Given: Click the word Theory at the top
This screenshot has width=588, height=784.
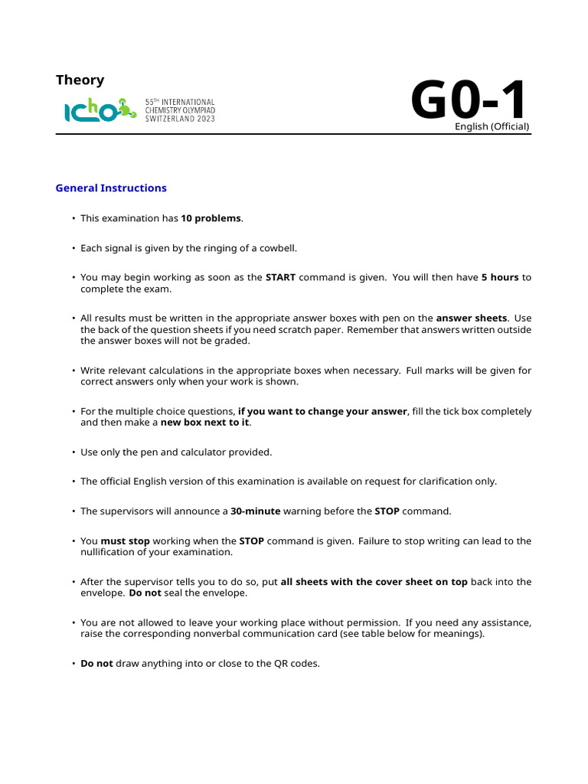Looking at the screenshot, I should point(80,80).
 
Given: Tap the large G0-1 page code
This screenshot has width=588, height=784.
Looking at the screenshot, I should point(469,101).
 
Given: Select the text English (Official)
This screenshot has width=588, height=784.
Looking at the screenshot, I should point(492,126).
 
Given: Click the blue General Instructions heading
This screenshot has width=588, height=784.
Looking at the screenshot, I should point(111,188).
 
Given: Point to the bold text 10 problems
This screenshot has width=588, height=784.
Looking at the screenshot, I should point(211,218).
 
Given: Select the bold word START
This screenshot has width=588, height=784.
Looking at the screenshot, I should point(280,277).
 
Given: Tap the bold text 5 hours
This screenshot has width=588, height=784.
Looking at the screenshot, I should point(500,277).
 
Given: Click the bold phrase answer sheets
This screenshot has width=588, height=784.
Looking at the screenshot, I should point(472,318).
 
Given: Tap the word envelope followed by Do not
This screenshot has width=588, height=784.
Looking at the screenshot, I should point(97,593).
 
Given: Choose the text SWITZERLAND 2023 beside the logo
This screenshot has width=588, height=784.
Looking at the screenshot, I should point(180,119).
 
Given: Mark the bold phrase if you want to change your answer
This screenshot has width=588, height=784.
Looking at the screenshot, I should point(322,411).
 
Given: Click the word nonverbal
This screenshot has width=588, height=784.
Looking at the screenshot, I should point(247,634).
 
